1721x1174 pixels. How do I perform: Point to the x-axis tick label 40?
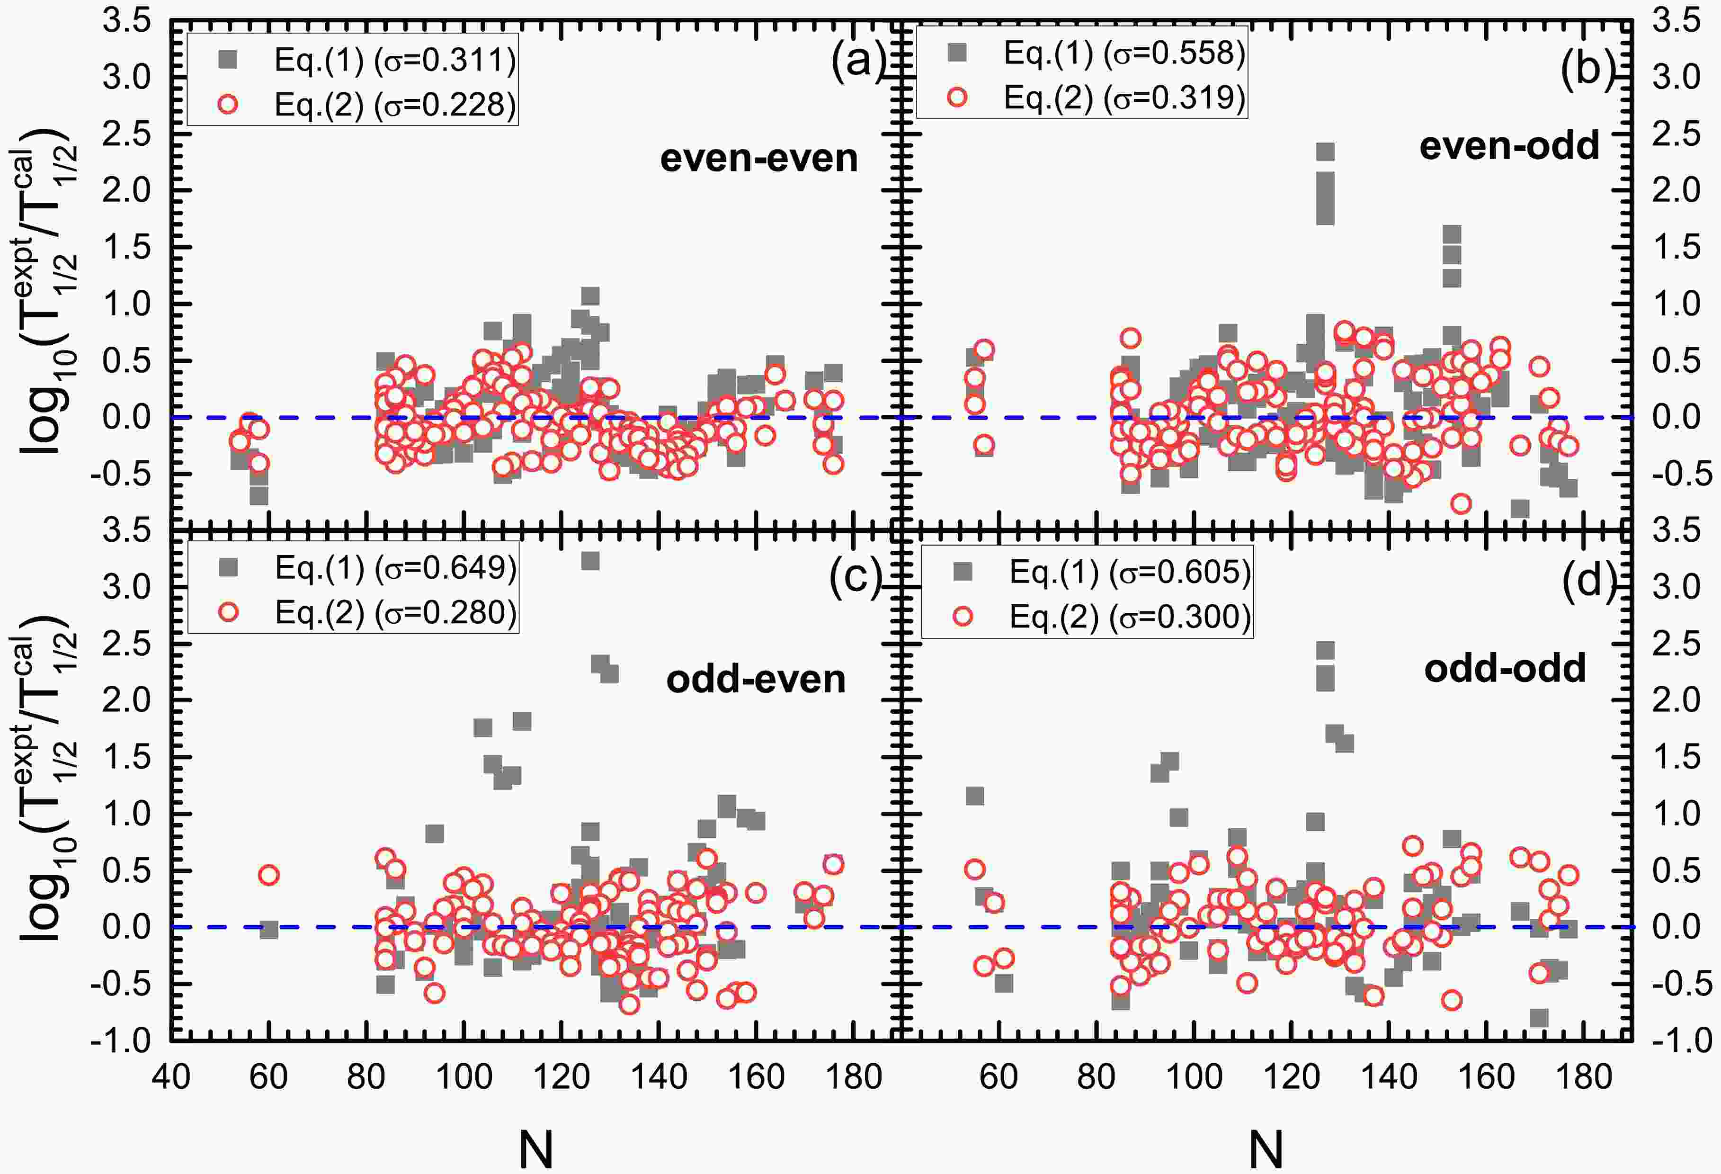[x=171, y=1076]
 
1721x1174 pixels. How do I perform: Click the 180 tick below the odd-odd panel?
[x=1585, y=1076]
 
